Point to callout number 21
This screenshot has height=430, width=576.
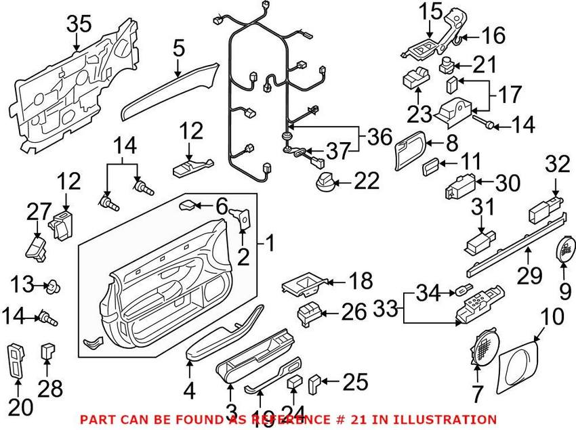click(x=485, y=66)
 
